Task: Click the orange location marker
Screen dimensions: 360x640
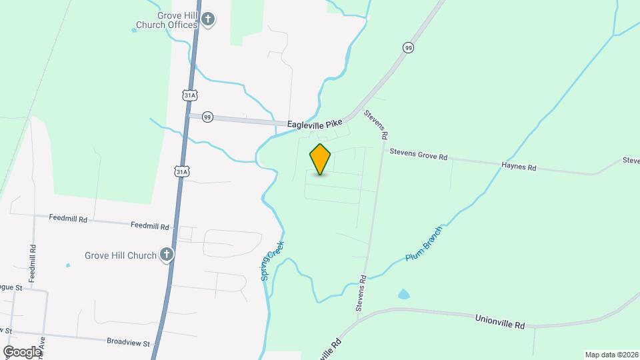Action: click(x=320, y=159)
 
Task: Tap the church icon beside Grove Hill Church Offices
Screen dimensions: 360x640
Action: click(x=208, y=19)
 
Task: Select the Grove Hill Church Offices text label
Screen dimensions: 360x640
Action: click(x=167, y=19)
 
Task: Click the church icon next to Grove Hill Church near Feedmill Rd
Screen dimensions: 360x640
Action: click(x=167, y=254)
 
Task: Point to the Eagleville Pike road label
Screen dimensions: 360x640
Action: click(x=315, y=124)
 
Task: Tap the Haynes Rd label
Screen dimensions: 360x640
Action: click(x=519, y=167)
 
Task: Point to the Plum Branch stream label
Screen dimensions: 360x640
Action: click(x=424, y=247)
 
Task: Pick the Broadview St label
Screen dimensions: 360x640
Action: click(x=128, y=341)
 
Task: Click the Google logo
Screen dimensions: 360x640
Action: click(x=22, y=351)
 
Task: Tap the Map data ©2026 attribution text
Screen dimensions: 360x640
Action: click(x=611, y=354)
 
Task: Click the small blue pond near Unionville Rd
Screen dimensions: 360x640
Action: click(x=403, y=294)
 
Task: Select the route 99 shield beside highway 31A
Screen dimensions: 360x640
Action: click(x=207, y=116)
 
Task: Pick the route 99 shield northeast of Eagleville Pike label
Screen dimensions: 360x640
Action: click(x=408, y=47)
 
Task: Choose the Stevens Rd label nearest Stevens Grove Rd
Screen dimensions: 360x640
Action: click(x=376, y=124)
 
